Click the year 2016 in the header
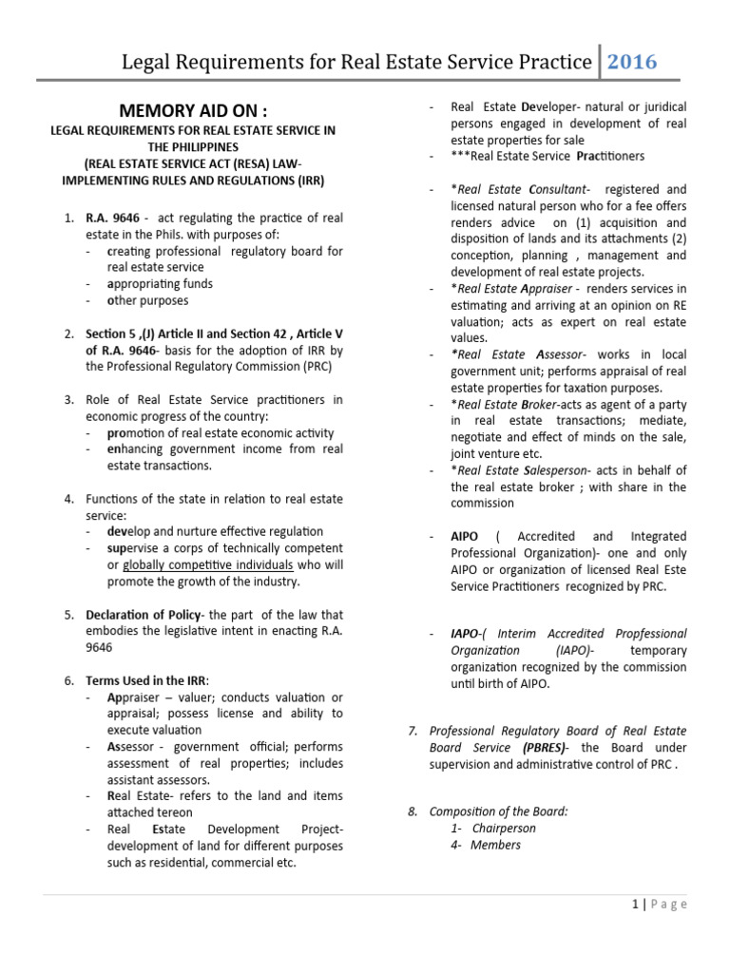[x=631, y=62]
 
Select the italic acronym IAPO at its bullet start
[x=466, y=633]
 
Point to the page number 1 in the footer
[x=635, y=905]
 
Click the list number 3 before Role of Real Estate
[x=68, y=399]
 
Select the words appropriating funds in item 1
[x=160, y=283]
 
